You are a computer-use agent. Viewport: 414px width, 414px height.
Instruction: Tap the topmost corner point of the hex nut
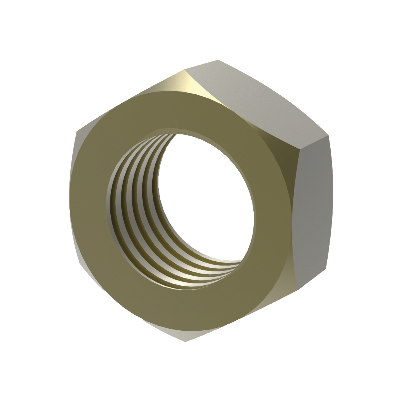[x=218, y=60]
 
